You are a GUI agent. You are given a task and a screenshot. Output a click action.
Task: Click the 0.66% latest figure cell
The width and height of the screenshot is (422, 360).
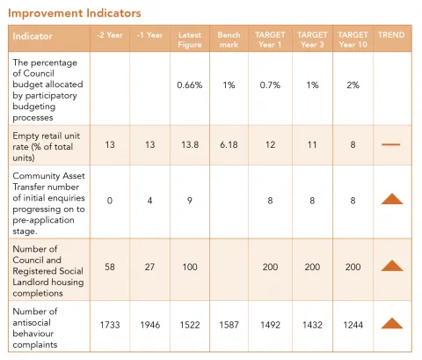(x=190, y=85)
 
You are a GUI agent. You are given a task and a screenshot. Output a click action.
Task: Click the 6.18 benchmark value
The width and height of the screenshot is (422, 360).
(x=229, y=143)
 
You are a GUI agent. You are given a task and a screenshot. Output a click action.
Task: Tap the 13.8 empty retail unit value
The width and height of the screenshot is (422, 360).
(x=190, y=143)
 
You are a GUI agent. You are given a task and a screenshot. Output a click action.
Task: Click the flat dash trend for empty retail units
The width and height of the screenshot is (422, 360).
(x=391, y=143)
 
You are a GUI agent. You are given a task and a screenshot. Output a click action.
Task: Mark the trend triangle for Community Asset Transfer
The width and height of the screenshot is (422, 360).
(x=391, y=199)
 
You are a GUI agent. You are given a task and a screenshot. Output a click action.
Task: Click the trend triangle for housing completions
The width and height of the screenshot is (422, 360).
(x=391, y=265)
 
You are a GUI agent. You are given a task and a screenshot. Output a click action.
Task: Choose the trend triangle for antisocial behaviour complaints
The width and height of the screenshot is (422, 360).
(x=391, y=323)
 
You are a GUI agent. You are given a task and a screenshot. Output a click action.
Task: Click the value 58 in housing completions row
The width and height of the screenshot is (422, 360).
(x=110, y=265)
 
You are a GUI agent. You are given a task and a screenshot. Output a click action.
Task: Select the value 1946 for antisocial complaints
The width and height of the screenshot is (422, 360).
(x=149, y=323)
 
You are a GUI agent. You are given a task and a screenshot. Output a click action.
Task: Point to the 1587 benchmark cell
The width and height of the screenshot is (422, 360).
(x=229, y=323)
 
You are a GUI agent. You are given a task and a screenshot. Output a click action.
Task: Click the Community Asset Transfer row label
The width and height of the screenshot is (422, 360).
(x=48, y=199)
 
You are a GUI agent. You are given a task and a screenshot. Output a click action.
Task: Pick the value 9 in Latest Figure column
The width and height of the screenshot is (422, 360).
(x=190, y=199)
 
